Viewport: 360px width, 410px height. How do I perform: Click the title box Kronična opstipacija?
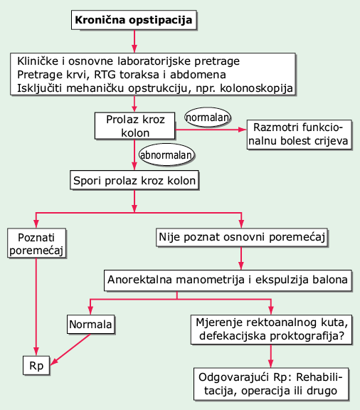(134, 20)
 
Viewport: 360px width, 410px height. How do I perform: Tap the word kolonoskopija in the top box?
(256, 88)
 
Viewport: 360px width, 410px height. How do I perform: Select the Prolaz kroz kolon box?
(134, 126)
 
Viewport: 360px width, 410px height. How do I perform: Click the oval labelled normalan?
(208, 117)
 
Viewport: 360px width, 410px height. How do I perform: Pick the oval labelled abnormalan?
(166, 154)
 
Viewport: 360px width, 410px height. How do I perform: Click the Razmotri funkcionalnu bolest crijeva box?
(299, 135)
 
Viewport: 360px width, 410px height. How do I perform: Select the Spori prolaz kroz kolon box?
(134, 180)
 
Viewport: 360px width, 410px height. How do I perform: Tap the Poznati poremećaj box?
(36, 243)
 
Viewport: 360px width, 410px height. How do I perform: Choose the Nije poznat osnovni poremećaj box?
(242, 238)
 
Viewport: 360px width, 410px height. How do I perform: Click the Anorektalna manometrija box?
(228, 280)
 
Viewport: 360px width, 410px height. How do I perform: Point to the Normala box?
(90, 325)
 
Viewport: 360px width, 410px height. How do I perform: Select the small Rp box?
(36, 366)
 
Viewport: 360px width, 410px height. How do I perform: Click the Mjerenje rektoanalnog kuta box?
(271, 330)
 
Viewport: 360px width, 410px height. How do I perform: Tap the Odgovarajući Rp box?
(271, 384)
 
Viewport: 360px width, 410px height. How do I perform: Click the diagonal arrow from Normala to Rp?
(70, 349)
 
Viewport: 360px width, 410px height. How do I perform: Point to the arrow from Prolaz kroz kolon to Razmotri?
(211, 130)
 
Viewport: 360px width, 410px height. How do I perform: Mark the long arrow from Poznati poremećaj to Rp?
(36, 307)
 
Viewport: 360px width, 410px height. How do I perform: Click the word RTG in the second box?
(105, 75)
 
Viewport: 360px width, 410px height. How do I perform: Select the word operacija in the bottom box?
(265, 391)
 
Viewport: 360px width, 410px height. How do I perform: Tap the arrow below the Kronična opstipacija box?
(134, 41)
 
